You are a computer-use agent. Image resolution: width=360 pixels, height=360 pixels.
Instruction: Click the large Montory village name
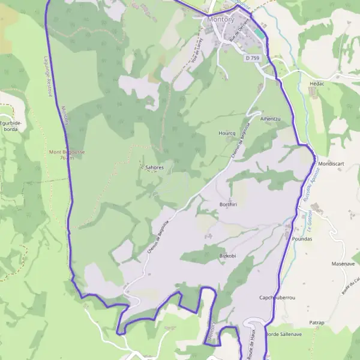[220, 19]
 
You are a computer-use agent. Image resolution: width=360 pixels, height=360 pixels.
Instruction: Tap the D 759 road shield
[253, 58]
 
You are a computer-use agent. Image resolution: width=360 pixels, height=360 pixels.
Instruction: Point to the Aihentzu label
[270, 119]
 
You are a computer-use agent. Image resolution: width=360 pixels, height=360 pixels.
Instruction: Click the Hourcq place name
[227, 133]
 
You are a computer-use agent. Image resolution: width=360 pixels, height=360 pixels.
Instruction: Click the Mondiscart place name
[334, 164]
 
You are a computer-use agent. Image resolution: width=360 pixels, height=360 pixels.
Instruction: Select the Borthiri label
[229, 205]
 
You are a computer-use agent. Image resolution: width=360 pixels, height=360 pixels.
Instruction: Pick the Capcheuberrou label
[277, 298]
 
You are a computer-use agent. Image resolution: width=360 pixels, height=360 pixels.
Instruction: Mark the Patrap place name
[317, 323]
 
